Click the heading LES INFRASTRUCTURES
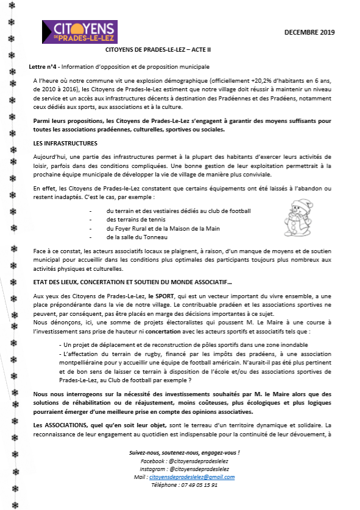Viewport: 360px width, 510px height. [65, 144]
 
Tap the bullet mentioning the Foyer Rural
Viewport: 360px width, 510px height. [154, 228]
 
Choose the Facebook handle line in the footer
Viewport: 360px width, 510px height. [183, 462]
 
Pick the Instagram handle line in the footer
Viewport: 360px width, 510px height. [183, 470]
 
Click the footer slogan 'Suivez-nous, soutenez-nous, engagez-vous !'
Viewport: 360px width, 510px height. [184, 453]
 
